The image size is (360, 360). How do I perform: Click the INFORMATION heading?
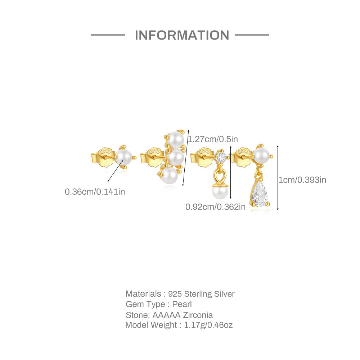point(182,35)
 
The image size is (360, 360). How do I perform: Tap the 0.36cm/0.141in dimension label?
point(95,192)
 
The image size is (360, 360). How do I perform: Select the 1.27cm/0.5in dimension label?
point(213,139)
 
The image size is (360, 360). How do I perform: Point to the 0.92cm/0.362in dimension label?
point(215,207)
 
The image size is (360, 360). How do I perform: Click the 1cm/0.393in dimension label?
point(302,180)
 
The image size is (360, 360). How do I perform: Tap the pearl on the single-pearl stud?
point(124,158)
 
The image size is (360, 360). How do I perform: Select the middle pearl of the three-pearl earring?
point(176,158)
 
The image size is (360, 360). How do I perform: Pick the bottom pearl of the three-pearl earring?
point(170,175)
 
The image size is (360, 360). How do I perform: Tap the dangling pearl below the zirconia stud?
point(219,192)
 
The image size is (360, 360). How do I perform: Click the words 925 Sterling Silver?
point(201,294)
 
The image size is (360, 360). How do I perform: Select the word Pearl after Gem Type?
point(182,304)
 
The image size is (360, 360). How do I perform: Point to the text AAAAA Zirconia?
point(183,315)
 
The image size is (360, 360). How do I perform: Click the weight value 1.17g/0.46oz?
point(208,325)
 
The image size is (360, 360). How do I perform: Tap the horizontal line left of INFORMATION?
point(108,35)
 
